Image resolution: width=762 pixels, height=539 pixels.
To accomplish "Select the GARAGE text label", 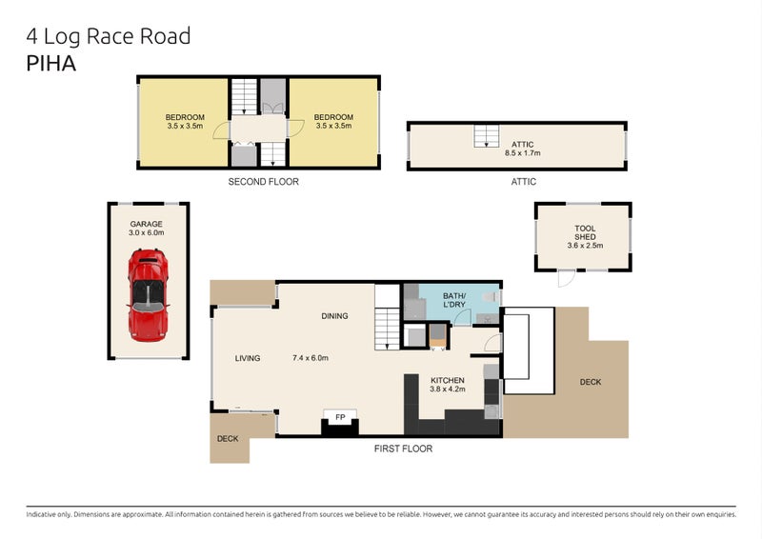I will click(147, 224).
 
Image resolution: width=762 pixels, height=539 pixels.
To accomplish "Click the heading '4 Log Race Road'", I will click(109, 36).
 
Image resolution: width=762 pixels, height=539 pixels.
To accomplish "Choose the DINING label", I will click(333, 316).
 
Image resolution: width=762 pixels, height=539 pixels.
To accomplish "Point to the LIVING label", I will click(248, 358).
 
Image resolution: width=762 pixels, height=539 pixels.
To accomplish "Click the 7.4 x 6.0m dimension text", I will click(310, 358).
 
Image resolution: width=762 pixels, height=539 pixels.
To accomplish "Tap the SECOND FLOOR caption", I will click(263, 181).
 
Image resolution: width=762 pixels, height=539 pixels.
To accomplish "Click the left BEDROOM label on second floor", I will click(185, 117).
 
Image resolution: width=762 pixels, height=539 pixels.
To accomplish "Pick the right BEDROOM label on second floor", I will click(333, 117).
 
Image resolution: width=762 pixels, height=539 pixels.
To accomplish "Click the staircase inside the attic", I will click(488, 136).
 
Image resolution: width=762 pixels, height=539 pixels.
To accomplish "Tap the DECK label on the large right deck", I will click(591, 382).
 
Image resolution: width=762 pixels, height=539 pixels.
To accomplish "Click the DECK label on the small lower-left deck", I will click(227, 439).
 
